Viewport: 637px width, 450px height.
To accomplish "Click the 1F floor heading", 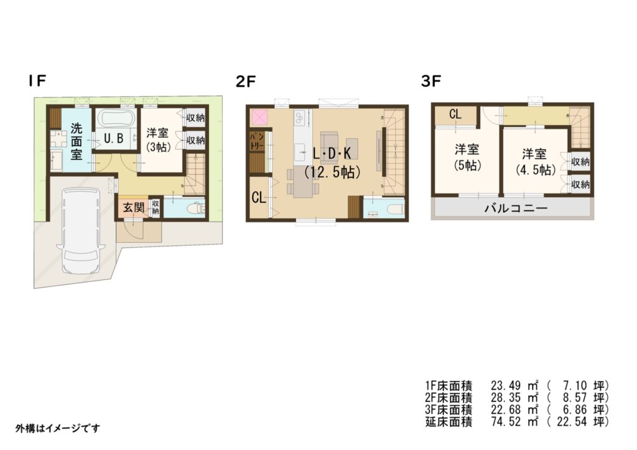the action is tap(37, 80).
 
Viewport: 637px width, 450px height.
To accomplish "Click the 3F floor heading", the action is tap(431, 82).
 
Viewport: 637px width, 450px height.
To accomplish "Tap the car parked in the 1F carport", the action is tap(80, 230).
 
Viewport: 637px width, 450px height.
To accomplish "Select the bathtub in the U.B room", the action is tap(117, 119).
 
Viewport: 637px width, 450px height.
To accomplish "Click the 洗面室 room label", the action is tap(76, 141).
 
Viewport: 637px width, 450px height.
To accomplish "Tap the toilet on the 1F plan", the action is tap(194, 209).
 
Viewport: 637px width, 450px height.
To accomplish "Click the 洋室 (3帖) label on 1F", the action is tap(158, 139).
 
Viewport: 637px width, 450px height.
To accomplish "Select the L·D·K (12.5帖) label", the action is tap(332, 162).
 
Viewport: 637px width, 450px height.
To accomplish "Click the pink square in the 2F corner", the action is tap(258, 118).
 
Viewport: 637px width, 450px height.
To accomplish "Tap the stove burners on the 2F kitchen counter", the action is tap(299, 118).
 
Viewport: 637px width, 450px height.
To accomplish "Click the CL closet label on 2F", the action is tap(258, 198).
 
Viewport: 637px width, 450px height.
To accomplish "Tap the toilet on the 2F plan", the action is tap(394, 209).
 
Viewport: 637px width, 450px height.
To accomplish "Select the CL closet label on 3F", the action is tap(455, 115).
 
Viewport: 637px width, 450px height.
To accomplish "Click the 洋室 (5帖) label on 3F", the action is tap(467, 157).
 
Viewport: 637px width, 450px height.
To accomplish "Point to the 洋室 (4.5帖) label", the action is tap(535, 161).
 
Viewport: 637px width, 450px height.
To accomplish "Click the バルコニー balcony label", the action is tap(516, 209).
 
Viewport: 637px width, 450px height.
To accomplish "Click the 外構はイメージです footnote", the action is tap(57, 428).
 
